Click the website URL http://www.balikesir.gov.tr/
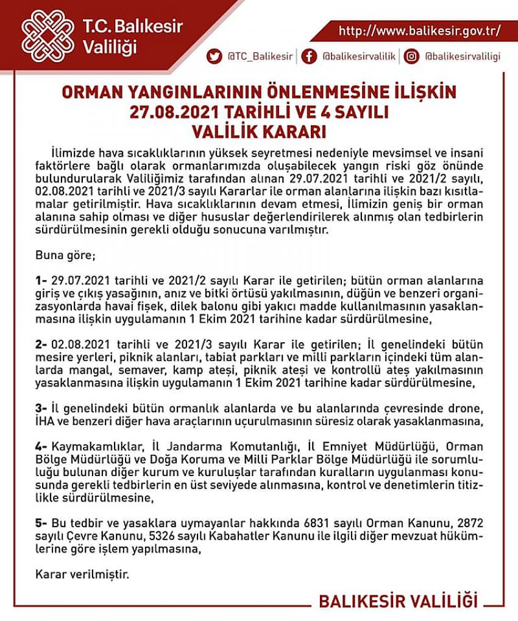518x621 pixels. (419, 30)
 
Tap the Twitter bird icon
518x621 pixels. (214, 57)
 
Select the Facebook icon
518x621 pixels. (310, 57)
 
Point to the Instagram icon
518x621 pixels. (412, 57)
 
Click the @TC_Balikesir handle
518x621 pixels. (260, 57)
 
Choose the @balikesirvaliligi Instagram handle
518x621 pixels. (463, 57)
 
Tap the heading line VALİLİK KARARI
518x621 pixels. (258, 132)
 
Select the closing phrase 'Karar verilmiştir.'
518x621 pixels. (82, 574)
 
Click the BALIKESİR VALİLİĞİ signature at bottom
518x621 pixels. (398, 601)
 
